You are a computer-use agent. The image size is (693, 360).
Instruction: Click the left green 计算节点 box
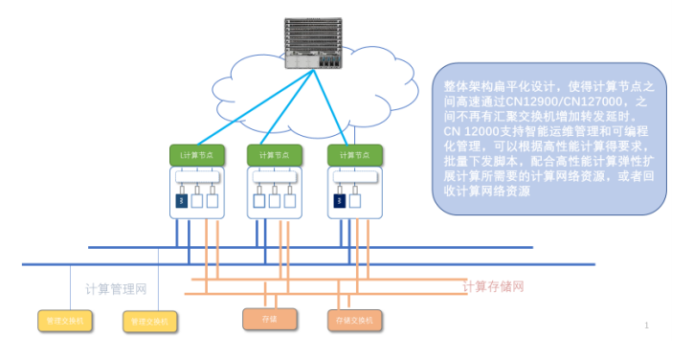[196, 154]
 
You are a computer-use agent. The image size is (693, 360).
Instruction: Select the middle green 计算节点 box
[275, 154]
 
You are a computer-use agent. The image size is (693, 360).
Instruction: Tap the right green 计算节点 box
[354, 154]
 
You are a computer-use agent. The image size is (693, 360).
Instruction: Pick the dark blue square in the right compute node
[339, 201]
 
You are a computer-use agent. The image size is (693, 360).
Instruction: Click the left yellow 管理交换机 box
[64, 321]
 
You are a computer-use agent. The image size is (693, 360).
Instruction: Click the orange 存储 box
[269, 319]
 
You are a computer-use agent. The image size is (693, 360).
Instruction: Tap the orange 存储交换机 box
[353, 319]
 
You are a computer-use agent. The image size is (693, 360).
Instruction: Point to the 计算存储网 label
[493, 286]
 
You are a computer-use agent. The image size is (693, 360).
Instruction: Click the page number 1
[647, 326]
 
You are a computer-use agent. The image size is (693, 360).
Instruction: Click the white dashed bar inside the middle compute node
[275, 178]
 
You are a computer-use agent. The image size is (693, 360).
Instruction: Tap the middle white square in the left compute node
[196, 201]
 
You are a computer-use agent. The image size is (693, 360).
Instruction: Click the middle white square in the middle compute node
[275, 201]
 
